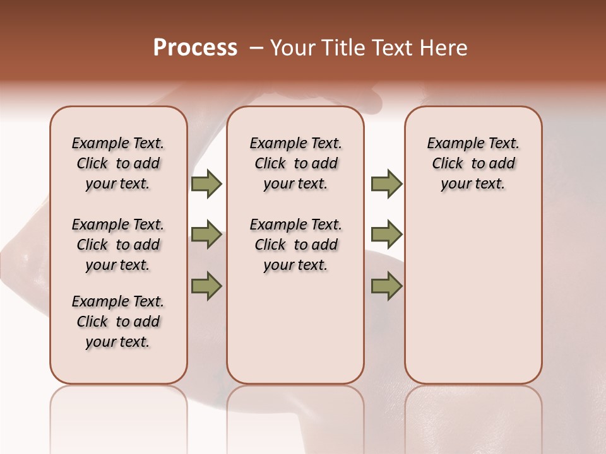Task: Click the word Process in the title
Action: pyautogui.click(x=195, y=48)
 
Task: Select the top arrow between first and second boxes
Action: pyautogui.click(x=206, y=183)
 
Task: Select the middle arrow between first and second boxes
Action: pyautogui.click(x=206, y=235)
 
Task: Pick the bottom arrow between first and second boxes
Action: pyautogui.click(x=206, y=286)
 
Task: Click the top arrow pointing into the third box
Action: pyautogui.click(x=386, y=183)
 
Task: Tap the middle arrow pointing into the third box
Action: pyautogui.click(x=386, y=235)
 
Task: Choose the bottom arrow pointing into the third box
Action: pyautogui.click(x=386, y=286)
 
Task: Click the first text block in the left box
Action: pyautogui.click(x=118, y=163)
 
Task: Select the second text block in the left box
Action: pyautogui.click(x=118, y=245)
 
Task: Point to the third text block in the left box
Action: pyautogui.click(x=118, y=322)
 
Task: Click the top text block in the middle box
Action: pyautogui.click(x=295, y=163)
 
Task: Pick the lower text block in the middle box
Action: pyautogui.click(x=295, y=245)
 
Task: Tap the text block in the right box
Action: pyautogui.click(x=473, y=163)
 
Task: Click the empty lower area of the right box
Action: pyautogui.click(x=473, y=296)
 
